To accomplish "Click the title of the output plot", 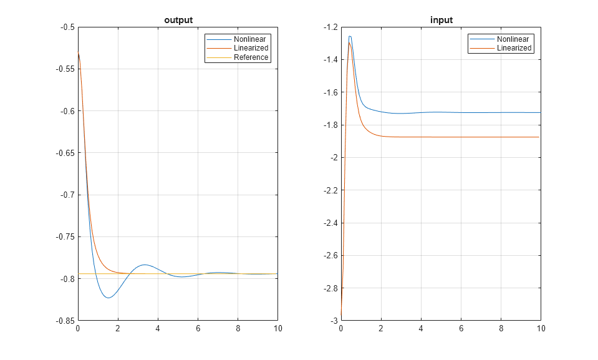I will [x=178, y=20].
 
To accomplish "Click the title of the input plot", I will [x=441, y=20].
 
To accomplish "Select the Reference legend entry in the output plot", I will [x=251, y=57].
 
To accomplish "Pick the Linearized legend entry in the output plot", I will [x=251, y=48].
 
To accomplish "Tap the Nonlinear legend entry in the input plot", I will [x=513, y=39].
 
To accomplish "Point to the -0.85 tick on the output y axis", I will [x=64, y=321].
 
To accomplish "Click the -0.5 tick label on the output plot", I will [x=66, y=27].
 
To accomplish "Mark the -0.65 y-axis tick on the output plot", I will [x=64, y=153].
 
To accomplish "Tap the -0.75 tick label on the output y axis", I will [x=64, y=237].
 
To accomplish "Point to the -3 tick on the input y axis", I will [x=334, y=321].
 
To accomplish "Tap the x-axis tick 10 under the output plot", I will [x=277, y=328].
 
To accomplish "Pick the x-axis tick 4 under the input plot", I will [x=421, y=328].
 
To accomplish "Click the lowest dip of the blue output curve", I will [x=109, y=298].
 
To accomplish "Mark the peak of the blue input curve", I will [x=350, y=36].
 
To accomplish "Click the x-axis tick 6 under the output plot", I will [x=198, y=328].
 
